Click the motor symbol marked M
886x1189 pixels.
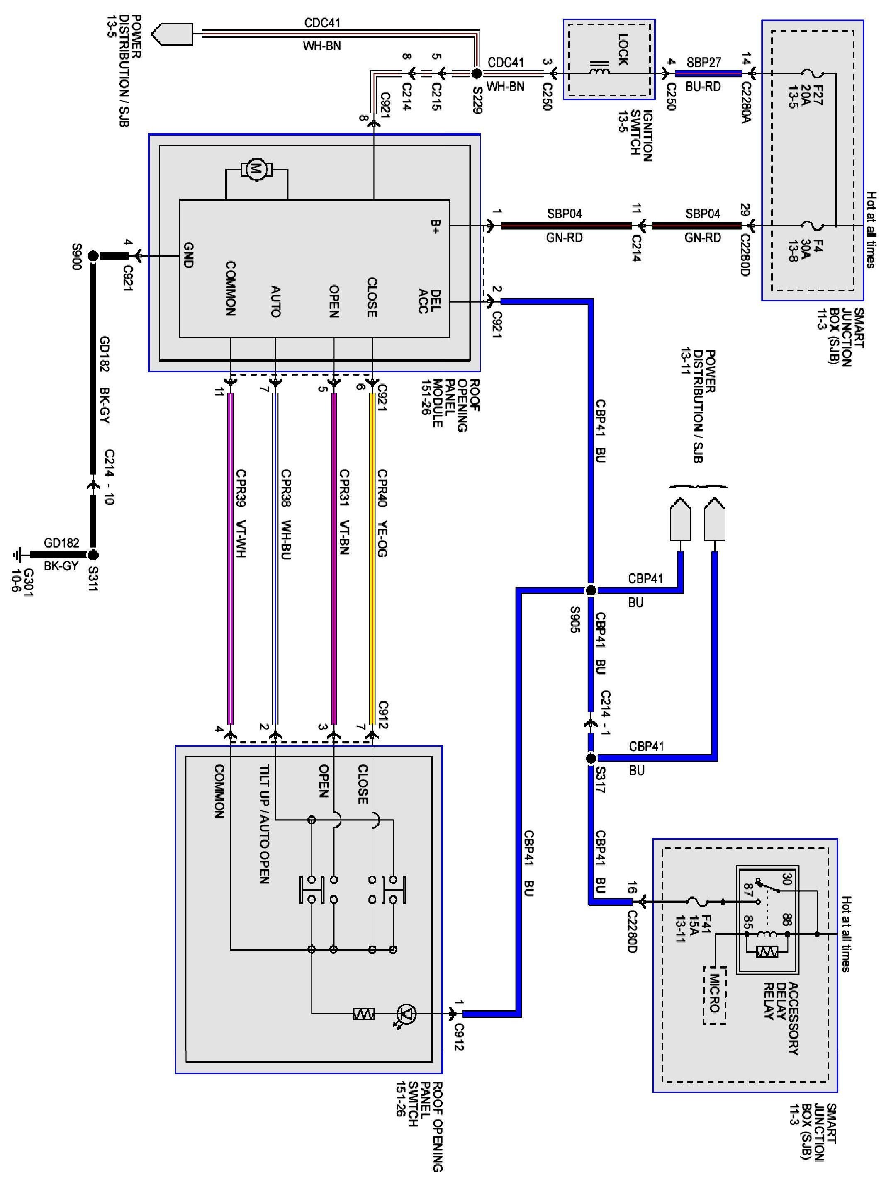click(256, 170)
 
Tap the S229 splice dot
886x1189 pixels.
click(476, 73)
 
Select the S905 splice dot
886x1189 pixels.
click(591, 590)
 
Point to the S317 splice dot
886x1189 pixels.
click(591, 758)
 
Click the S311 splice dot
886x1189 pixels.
click(93, 554)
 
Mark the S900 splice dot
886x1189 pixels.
click(93, 256)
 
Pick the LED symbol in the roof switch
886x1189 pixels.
click(407, 1014)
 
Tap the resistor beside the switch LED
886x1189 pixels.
click(364, 1014)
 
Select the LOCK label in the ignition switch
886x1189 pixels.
click(623, 50)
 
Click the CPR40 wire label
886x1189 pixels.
click(382, 488)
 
